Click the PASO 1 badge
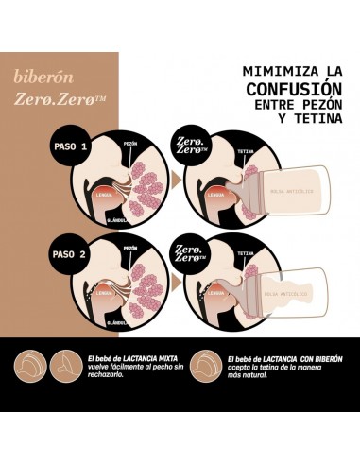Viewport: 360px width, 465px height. pyautogui.click(x=70, y=147)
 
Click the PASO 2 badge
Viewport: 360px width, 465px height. pyautogui.click(x=70, y=253)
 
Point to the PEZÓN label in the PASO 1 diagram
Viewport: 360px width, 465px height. pyautogui.click(x=130, y=145)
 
